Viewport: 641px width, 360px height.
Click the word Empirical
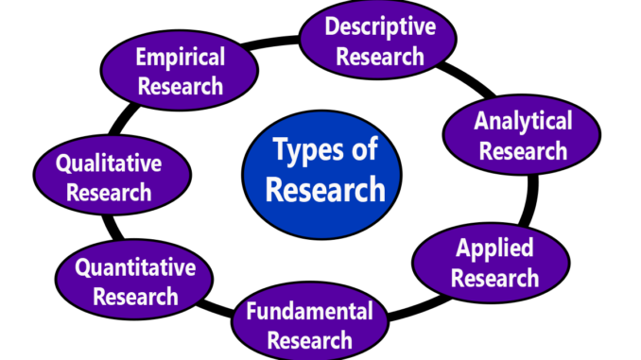(x=179, y=57)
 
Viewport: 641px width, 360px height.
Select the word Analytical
(x=523, y=121)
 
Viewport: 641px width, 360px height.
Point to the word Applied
(x=494, y=249)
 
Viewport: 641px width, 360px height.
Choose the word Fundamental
(x=309, y=310)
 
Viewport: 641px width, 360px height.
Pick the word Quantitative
(x=135, y=267)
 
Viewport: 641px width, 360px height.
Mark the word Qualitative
(x=108, y=163)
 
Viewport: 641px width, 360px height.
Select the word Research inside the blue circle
(x=325, y=189)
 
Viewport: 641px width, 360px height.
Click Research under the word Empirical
(x=180, y=86)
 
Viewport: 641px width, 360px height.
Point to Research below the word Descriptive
(x=380, y=56)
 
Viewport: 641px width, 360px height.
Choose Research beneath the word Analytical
(x=523, y=150)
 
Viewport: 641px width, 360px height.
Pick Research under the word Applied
(x=494, y=278)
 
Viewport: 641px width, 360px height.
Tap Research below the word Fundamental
(x=310, y=339)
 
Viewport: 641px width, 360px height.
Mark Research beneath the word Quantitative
(x=135, y=297)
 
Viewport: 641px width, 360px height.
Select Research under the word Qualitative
(x=108, y=193)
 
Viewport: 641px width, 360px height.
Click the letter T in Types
(x=281, y=148)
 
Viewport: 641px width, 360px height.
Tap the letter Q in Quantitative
(x=83, y=268)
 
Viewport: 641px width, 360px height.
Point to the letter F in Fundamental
(x=251, y=310)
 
